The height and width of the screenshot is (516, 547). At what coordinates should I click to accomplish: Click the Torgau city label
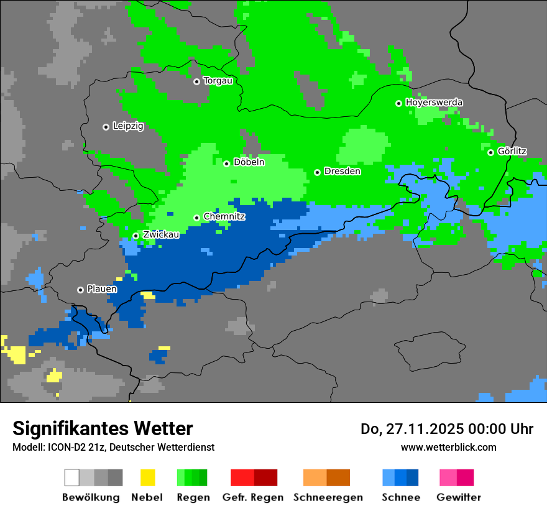click(218, 81)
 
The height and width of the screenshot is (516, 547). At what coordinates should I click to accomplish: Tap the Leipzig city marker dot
click(106, 127)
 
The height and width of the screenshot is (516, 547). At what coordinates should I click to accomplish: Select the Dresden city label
click(342, 172)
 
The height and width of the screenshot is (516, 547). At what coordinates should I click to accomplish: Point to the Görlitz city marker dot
click(490, 152)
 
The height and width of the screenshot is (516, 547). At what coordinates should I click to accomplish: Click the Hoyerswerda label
click(434, 103)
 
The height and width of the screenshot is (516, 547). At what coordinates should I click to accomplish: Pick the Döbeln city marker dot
click(226, 164)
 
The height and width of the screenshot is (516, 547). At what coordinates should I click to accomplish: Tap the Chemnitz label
click(224, 217)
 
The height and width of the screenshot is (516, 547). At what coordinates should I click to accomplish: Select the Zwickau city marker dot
click(136, 236)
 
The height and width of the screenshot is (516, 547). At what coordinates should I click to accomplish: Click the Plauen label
click(102, 289)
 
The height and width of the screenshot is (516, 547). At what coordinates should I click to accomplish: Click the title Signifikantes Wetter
click(103, 429)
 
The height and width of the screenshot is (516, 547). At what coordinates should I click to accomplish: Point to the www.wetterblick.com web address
click(448, 447)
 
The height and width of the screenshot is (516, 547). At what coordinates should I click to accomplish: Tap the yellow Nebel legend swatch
click(147, 477)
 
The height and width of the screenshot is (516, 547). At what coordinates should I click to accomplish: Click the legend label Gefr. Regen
click(253, 497)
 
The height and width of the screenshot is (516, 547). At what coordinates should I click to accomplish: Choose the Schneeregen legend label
click(328, 497)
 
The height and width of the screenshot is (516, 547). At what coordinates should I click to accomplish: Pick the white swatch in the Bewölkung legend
click(72, 477)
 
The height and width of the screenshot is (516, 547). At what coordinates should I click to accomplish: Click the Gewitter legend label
click(459, 497)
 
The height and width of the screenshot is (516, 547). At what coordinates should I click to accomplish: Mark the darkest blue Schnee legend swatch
click(413, 477)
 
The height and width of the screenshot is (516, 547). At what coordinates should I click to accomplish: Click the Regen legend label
click(193, 497)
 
